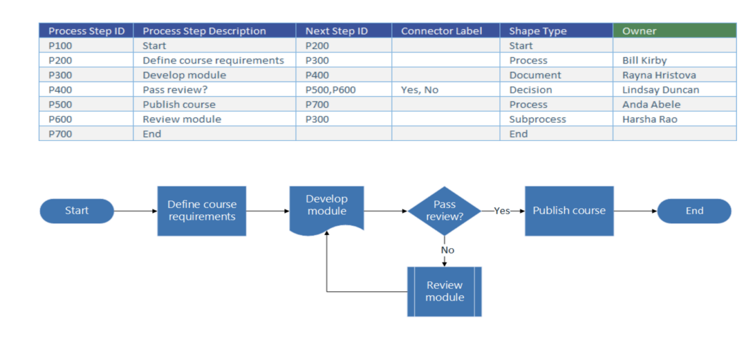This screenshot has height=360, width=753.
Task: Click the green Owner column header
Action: (674, 31)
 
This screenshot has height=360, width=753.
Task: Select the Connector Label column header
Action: (445, 31)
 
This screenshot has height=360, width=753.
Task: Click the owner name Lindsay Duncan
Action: (660, 90)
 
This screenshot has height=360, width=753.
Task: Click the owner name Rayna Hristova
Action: (659, 75)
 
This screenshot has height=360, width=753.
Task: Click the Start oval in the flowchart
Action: (77, 211)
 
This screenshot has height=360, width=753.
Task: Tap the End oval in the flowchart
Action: (694, 211)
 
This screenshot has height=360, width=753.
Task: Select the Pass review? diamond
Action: (444, 211)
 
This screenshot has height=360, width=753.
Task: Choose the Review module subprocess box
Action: (444, 292)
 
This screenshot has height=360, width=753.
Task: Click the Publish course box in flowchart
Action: (569, 211)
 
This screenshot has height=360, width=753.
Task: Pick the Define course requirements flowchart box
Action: (202, 211)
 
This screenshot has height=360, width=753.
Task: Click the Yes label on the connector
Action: (502, 211)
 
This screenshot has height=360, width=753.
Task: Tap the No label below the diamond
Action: (447, 250)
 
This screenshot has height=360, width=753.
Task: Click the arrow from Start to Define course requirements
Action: (136, 211)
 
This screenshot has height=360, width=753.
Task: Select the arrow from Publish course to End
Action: (635, 211)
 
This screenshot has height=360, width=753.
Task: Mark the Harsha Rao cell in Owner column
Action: (650, 119)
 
